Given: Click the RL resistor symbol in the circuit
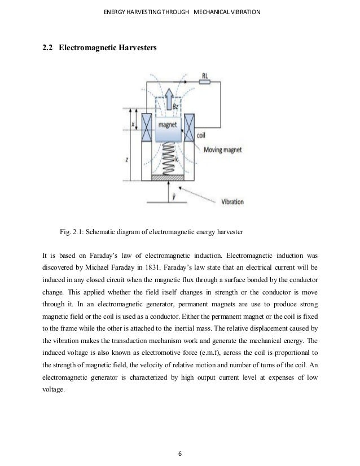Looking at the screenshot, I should coord(204,82).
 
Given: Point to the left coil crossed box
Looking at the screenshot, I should coord(146,128).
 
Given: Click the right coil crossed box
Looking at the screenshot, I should coord(190,128).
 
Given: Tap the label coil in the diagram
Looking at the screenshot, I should coord(201,136).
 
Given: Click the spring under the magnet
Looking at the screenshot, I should coord(167,159).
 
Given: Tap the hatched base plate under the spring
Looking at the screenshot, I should coord(168,179).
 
